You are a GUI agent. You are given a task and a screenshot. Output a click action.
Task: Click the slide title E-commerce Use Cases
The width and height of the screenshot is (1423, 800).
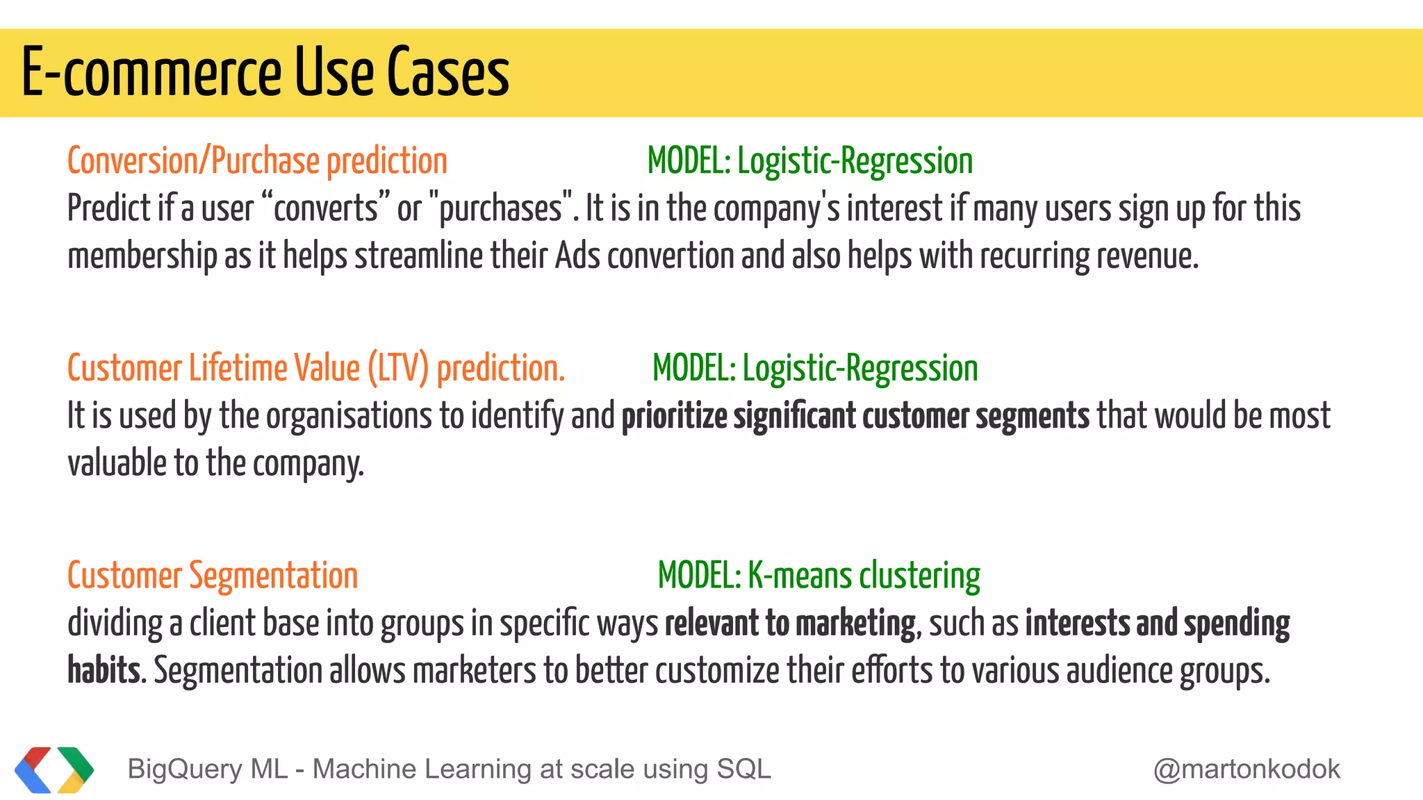(x=265, y=72)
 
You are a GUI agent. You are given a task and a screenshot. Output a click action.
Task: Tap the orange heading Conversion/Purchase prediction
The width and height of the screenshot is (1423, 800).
(x=257, y=161)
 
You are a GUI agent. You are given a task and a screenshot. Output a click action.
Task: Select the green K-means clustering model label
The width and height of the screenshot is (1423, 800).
(x=819, y=576)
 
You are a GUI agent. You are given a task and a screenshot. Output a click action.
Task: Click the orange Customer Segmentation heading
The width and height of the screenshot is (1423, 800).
(x=213, y=576)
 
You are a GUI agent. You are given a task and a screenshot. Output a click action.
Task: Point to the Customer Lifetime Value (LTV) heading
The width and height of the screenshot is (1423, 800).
(x=316, y=368)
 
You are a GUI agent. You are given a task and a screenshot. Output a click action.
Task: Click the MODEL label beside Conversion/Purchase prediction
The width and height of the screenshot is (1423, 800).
(x=809, y=161)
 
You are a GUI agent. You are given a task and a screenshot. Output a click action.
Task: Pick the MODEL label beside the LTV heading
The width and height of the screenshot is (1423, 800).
(x=815, y=368)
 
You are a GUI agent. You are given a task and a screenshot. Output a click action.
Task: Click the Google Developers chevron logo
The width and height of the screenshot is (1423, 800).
(x=54, y=769)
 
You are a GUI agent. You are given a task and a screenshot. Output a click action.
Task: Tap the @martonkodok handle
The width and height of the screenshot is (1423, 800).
(x=1247, y=769)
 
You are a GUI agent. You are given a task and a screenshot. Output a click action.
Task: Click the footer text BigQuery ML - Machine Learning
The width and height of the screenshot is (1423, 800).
(x=449, y=769)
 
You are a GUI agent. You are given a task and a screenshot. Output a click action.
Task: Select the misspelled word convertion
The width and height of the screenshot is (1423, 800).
(x=671, y=256)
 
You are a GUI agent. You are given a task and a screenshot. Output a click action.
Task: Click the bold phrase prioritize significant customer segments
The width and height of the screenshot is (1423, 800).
(x=855, y=415)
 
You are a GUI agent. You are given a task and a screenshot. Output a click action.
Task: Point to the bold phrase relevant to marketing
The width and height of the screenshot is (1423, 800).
(x=790, y=623)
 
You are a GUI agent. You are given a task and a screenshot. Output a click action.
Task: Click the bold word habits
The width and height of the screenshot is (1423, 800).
(x=104, y=671)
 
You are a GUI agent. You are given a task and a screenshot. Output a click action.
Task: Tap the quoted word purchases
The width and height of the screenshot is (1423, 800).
(x=500, y=208)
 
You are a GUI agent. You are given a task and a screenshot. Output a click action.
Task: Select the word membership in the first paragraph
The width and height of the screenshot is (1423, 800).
(x=142, y=256)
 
